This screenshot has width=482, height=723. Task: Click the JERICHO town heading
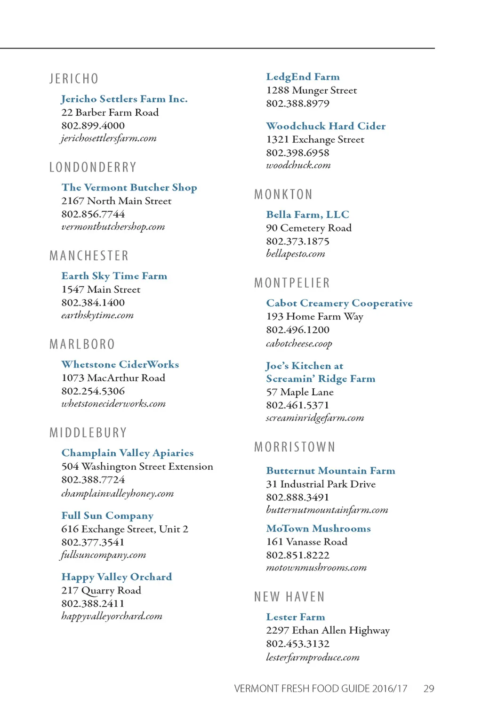tap(74, 79)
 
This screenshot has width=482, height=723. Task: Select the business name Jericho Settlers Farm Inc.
tap(124, 99)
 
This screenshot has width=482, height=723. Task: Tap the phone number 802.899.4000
tap(93, 126)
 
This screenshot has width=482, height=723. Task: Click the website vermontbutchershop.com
tap(113, 227)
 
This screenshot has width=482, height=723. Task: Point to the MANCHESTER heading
tap(89, 256)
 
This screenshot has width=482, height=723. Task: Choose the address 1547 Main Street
tap(101, 289)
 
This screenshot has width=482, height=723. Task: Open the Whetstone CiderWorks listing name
tap(120, 364)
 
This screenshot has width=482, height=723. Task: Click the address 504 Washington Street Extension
tap(137, 466)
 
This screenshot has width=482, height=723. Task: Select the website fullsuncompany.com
tap(103, 555)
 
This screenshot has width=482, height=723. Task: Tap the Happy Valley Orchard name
tap(116, 577)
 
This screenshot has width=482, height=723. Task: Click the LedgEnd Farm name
tap(303, 77)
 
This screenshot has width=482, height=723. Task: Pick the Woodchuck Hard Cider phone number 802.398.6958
tap(297, 153)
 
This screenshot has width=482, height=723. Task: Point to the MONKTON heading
tap(283, 194)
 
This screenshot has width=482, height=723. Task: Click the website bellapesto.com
tap(295, 254)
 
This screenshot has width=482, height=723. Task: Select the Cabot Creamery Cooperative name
tap(339, 303)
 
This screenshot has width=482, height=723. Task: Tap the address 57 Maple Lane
tap(299, 392)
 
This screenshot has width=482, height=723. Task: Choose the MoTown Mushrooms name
tap(318, 529)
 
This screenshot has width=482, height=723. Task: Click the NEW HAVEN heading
tap(289, 597)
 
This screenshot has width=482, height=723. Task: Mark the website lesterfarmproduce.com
tap(313, 657)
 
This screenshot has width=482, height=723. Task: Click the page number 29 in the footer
tap(428, 689)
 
